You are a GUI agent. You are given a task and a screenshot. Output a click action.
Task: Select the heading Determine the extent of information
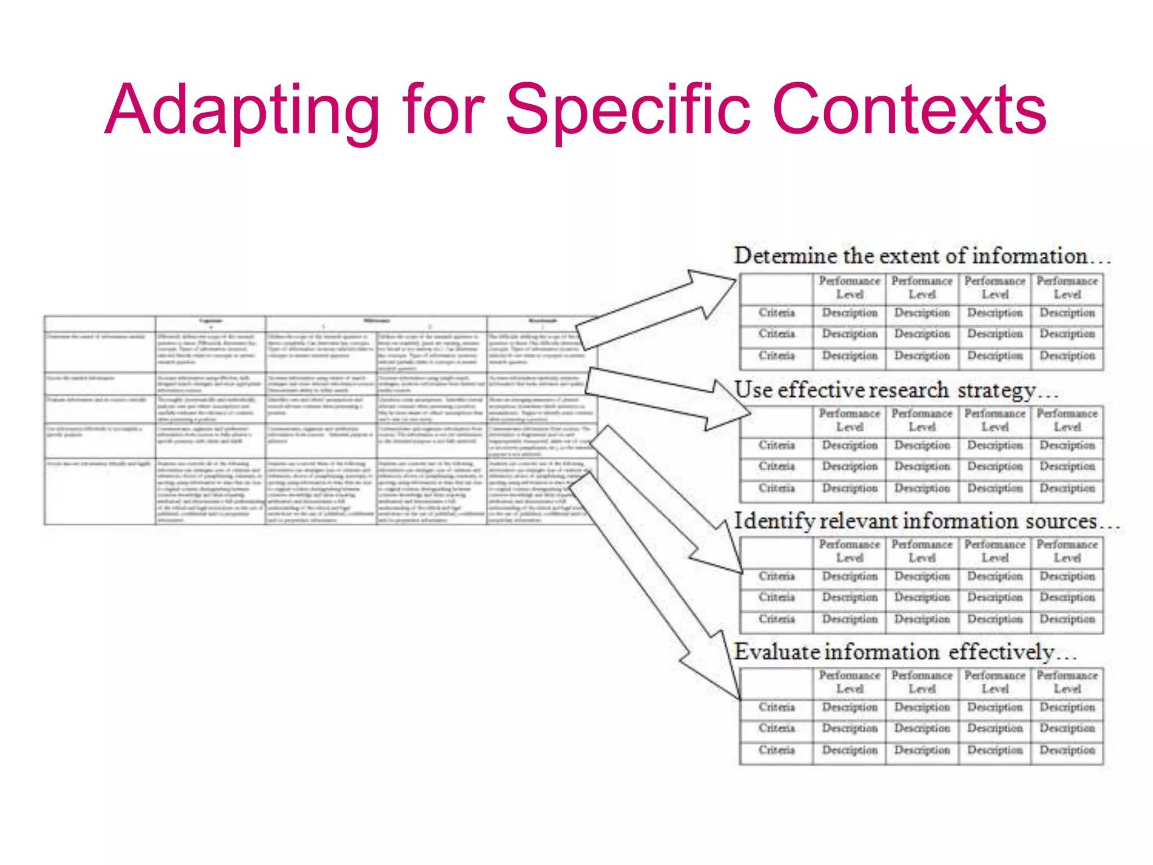pyautogui.click(x=921, y=256)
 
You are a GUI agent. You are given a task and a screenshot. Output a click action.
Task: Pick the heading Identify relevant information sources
pyautogui.click(x=926, y=521)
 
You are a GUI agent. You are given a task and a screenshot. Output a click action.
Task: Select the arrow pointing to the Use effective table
pyautogui.click(x=664, y=396)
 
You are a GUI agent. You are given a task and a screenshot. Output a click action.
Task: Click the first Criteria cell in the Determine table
pyautogui.click(x=776, y=313)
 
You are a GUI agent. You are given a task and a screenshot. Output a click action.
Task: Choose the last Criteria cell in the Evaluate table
pyautogui.click(x=776, y=750)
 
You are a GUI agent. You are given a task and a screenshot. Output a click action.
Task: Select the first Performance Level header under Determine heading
pyautogui.click(x=849, y=287)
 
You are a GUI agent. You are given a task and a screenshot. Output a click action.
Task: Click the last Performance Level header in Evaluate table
pyautogui.click(x=1067, y=681)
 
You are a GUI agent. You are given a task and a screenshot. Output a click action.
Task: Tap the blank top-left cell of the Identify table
pyautogui.click(x=776, y=552)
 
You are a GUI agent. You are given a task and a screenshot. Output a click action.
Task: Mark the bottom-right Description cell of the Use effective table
pyautogui.click(x=1067, y=488)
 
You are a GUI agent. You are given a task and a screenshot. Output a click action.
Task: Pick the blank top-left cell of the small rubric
pyautogui.click(x=100, y=323)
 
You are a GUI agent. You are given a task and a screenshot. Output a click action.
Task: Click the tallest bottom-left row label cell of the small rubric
pyautogui.click(x=100, y=491)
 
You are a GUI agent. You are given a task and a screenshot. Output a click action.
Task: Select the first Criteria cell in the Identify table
pyautogui.click(x=776, y=576)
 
